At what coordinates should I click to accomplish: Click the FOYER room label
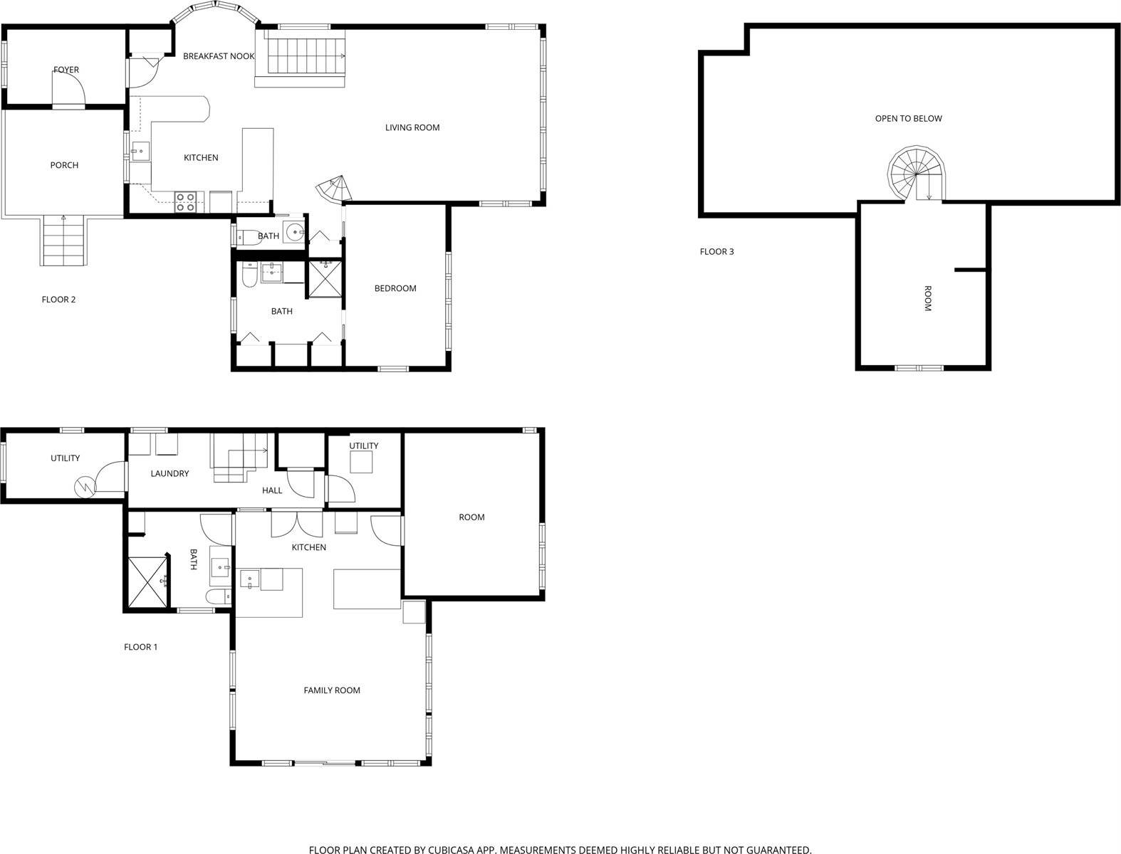pos(66,70)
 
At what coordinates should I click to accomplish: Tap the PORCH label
pos(64,165)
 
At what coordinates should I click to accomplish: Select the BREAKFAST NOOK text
pos(219,56)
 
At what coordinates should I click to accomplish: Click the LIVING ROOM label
pos(412,127)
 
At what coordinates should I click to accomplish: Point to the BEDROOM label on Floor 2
pos(395,288)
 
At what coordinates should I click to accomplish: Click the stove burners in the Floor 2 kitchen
pos(186,202)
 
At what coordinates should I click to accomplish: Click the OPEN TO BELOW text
pos(908,119)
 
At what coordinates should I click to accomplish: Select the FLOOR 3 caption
pos(716,251)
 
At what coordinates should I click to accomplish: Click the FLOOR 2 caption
pos(58,300)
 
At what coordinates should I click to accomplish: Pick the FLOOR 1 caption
pos(140,647)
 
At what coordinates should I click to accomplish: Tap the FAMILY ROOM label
pos(332,690)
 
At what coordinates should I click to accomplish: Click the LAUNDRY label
pos(170,473)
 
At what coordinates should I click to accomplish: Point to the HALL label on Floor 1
pos(272,490)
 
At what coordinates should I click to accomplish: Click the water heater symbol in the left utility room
pos(84,487)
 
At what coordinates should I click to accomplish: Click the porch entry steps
pos(63,241)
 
